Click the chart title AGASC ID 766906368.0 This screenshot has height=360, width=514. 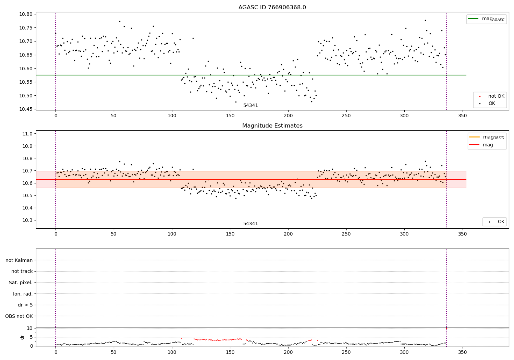[272, 8]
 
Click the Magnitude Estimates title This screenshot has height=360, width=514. [272, 126]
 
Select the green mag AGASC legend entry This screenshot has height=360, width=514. [486, 19]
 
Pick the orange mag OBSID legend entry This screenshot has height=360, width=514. [487, 137]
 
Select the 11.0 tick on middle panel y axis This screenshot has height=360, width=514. [28, 134]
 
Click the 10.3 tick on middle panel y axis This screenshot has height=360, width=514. [28, 220]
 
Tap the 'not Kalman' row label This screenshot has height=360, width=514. [19, 261]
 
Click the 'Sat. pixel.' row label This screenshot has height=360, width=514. [21, 283]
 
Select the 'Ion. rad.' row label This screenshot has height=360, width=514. [23, 294]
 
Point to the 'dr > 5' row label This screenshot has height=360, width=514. [25, 305]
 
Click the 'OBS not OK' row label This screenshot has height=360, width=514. [19, 316]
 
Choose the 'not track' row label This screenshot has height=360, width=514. [22, 272]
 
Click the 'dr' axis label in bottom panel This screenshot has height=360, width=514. [22, 337]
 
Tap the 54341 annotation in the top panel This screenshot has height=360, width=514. [250, 106]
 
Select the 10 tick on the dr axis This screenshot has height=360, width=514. [30, 328]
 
